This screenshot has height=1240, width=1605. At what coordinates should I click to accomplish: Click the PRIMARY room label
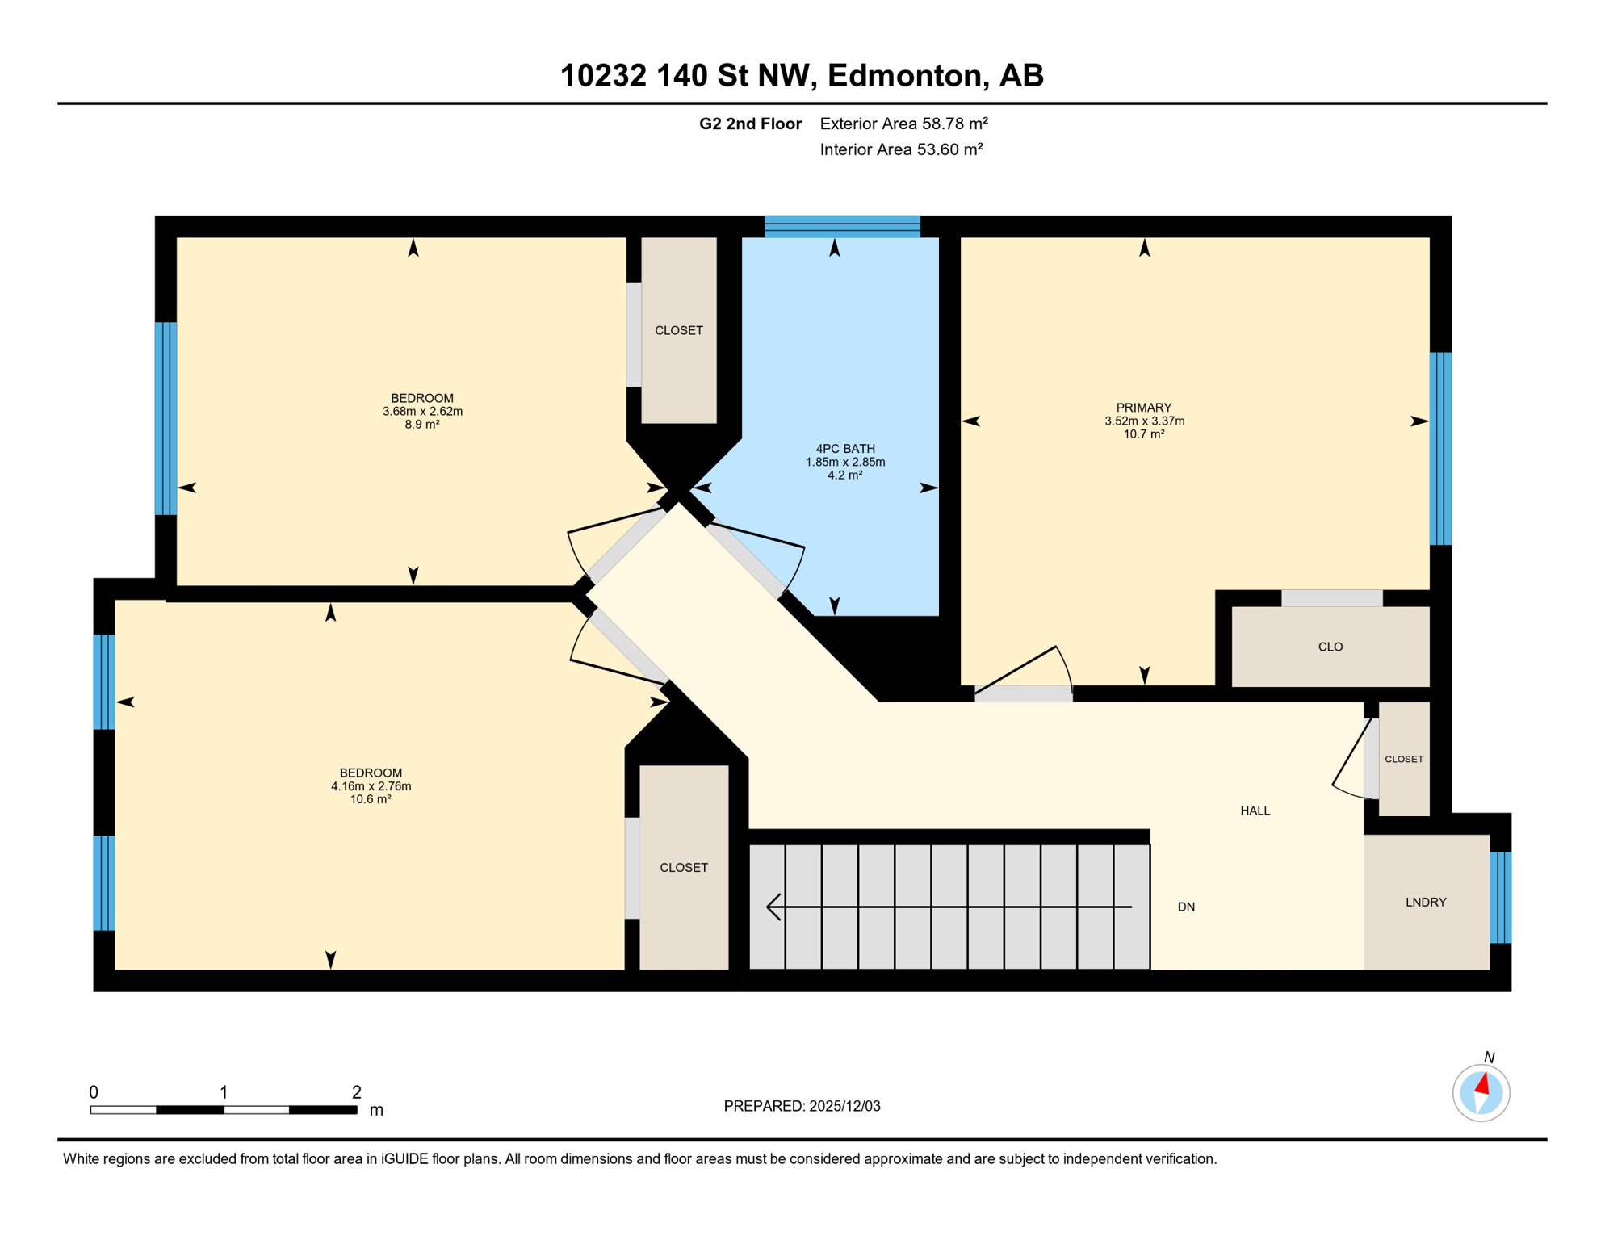click(x=1143, y=408)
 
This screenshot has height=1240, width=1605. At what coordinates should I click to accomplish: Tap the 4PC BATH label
click(x=844, y=449)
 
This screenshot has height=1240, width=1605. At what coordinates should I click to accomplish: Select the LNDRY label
click(x=1425, y=903)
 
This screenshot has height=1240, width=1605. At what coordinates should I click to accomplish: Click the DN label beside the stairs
click(x=1185, y=907)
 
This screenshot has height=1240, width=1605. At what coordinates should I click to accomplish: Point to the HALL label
click(x=1255, y=811)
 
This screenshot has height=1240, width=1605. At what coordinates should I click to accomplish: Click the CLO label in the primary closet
click(x=1330, y=647)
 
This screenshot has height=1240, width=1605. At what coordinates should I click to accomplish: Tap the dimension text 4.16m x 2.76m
click(x=371, y=786)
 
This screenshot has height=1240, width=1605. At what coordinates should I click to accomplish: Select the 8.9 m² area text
click(x=421, y=425)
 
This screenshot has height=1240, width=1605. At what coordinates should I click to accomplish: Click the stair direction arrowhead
click(x=773, y=907)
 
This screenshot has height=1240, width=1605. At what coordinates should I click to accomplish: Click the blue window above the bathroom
click(x=842, y=226)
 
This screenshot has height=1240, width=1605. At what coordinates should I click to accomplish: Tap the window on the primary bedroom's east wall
click(x=1439, y=448)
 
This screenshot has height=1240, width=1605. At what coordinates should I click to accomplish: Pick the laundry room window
click(x=1499, y=897)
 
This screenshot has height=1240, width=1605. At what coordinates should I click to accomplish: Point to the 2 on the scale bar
click(x=356, y=1092)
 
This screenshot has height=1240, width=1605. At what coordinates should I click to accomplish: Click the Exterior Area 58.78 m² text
click(x=903, y=124)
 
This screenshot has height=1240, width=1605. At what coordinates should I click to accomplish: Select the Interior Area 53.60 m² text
click(x=901, y=149)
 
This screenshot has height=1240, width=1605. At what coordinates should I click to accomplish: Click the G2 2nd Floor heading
click(x=749, y=124)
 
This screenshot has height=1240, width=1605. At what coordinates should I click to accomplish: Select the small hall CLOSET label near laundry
click(x=1403, y=759)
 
